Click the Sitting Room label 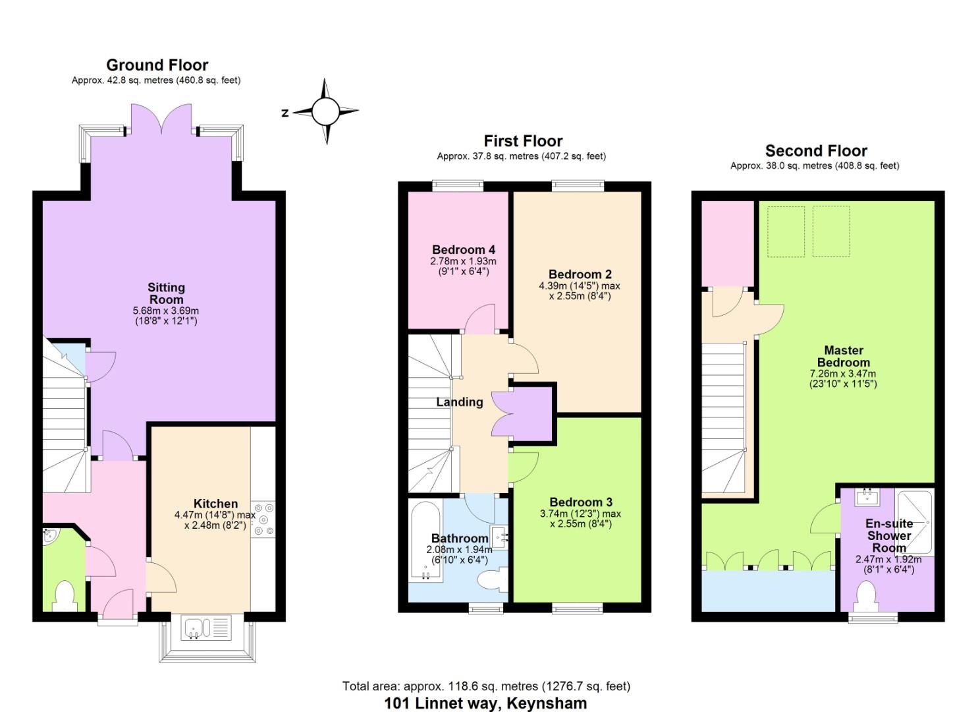[167, 293]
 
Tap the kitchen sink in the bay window [208, 627]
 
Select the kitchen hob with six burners [263, 519]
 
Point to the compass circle [325, 111]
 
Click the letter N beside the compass [285, 113]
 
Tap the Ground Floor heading [157, 65]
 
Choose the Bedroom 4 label [463, 250]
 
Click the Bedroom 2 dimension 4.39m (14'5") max [580, 286]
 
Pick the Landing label [459, 402]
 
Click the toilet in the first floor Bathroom [493, 579]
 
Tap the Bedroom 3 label [580, 502]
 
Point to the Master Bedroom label [843, 356]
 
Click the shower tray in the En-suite [914, 522]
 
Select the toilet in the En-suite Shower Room [866, 596]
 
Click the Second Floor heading [815, 151]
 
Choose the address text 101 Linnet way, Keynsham [485, 703]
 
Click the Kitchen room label [215, 504]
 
